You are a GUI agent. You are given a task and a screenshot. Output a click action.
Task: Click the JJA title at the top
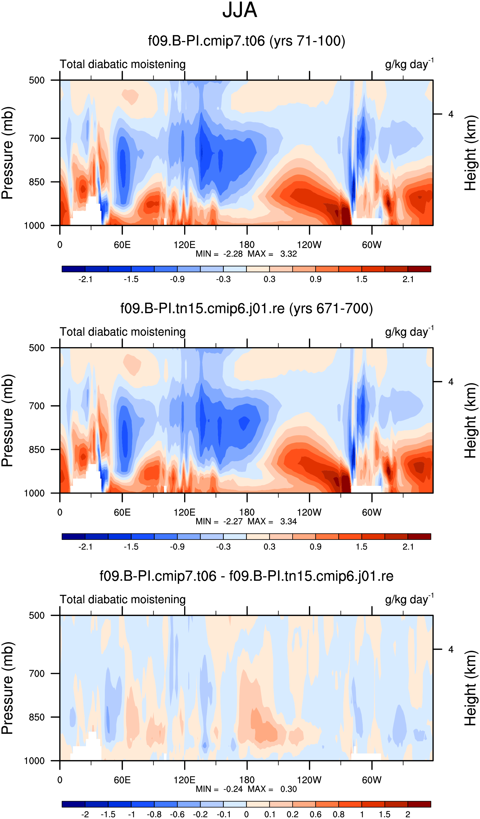[x=240, y=10]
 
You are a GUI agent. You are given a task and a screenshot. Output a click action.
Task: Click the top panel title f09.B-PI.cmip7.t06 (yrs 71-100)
[x=247, y=41]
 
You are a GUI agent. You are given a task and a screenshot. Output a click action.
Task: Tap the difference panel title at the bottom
[x=246, y=576]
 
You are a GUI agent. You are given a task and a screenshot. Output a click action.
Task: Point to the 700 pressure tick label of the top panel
[x=37, y=138]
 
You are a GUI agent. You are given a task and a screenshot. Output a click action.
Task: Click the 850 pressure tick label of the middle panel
[x=37, y=450]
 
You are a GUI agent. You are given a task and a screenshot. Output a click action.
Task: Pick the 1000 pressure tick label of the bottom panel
[x=34, y=761]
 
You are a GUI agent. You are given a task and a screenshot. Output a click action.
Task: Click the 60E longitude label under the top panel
[x=122, y=245]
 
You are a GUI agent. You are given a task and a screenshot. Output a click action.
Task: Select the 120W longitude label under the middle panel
[x=309, y=513]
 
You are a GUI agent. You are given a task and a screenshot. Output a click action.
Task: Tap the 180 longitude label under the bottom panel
[x=247, y=780]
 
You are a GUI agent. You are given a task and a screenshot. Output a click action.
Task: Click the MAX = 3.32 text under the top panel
[x=272, y=254]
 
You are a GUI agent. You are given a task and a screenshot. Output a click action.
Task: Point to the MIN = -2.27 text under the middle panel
[x=219, y=522]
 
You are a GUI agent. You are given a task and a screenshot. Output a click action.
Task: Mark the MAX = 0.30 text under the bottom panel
[x=272, y=789]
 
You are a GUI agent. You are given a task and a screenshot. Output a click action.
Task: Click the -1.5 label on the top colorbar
[x=131, y=279]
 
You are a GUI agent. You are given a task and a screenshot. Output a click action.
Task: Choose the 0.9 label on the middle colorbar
[x=316, y=547]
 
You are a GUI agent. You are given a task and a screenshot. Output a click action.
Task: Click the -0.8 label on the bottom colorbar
[x=154, y=814]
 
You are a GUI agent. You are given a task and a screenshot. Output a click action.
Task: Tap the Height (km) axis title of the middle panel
[x=470, y=421]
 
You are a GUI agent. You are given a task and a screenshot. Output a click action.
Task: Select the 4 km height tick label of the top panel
[x=451, y=115]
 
